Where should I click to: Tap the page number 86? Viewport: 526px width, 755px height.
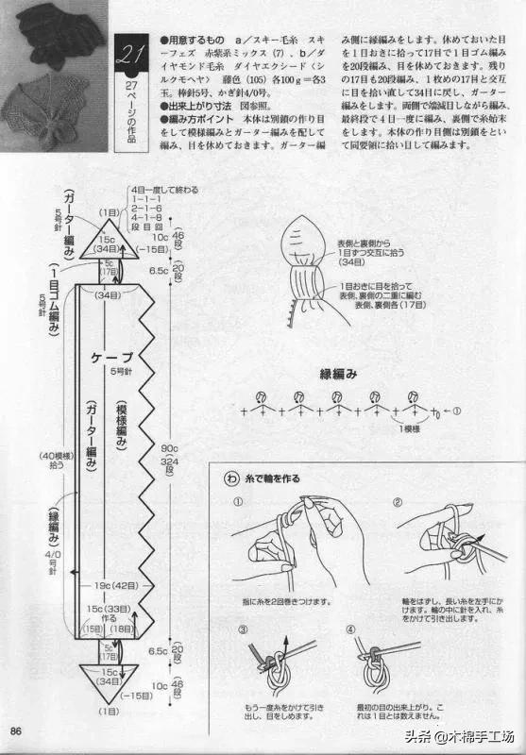17,730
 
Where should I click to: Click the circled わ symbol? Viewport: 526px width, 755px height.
231,478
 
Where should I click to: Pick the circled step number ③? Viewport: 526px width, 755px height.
243,629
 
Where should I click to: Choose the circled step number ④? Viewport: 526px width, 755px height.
352,629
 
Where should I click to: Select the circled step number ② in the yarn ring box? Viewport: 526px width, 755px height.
398,502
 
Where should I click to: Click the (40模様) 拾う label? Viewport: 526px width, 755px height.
51,461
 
